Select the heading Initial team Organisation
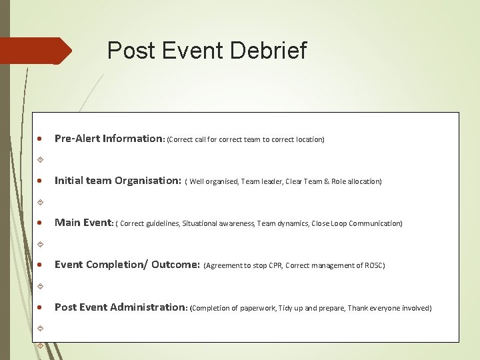[x=117, y=181]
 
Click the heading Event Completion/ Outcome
[x=127, y=265]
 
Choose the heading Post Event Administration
[x=121, y=307]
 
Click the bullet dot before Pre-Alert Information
[x=41, y=140]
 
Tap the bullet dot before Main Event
[x=41, y=224]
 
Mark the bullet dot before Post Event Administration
[x=41, y=308]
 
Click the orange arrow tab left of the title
[x=35, y=51]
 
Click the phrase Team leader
[x=261, y=181]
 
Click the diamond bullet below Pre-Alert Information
[x=41, y=160]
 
